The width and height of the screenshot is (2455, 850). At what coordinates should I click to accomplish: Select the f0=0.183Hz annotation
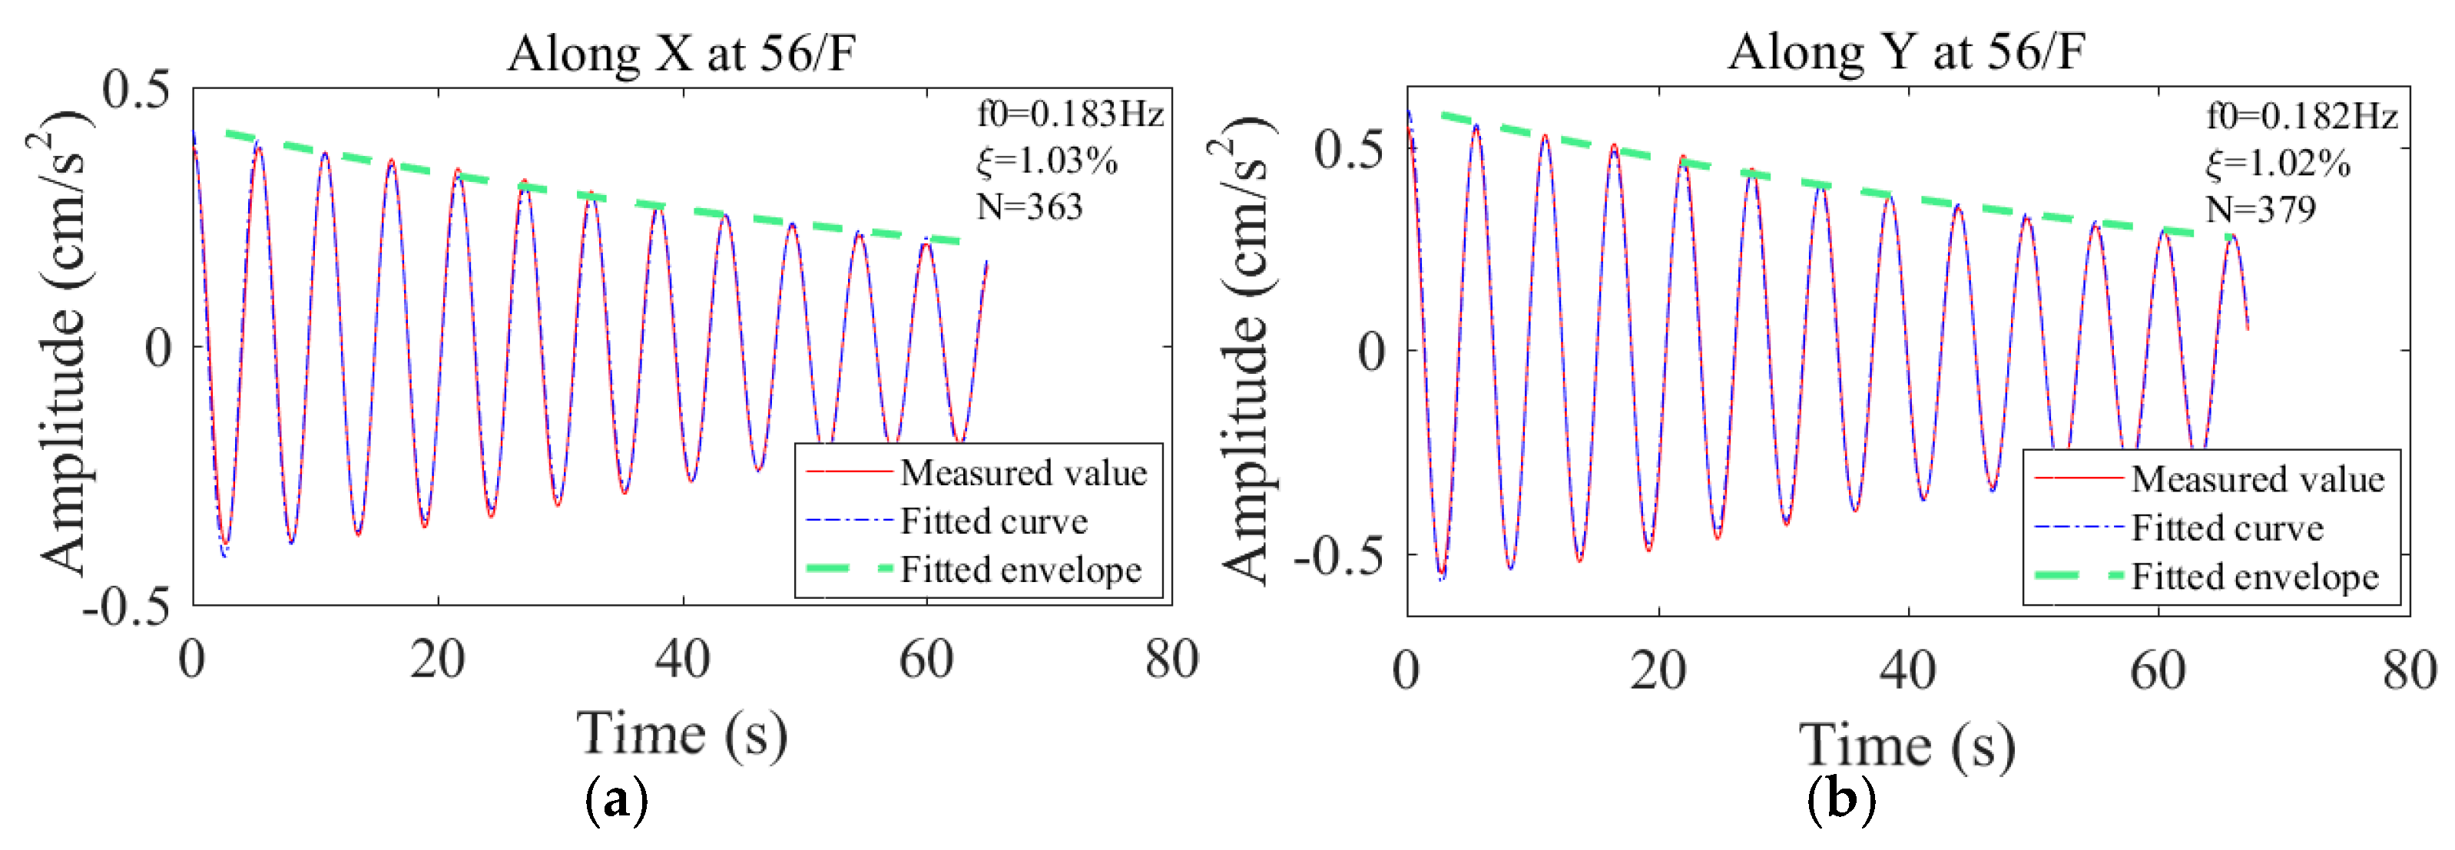point(1069,114)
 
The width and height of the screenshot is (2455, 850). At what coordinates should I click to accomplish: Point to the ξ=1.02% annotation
point(2277,164)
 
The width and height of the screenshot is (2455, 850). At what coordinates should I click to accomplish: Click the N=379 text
point(2260,210)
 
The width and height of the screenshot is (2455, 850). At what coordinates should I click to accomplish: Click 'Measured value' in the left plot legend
point(1022,473)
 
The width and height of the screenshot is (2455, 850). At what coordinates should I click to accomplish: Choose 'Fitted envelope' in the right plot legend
point(2254,577)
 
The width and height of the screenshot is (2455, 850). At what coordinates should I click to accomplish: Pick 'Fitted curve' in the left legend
point(993,521)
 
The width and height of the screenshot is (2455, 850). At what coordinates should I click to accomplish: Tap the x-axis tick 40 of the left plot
point(682,660)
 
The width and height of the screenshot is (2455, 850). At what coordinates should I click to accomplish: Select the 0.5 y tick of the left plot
point(136,90)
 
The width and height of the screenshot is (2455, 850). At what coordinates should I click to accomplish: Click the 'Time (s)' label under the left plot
point(681,734)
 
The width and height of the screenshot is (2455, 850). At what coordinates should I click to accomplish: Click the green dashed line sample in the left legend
point(849,569)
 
